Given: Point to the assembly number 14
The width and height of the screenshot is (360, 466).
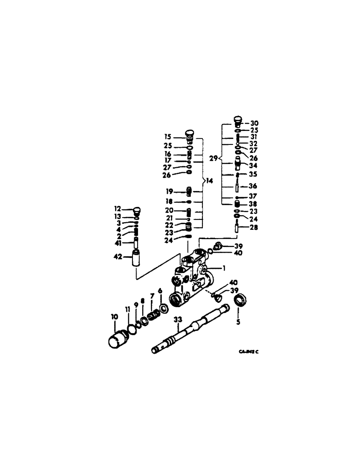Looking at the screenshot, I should [x=210, y=180].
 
